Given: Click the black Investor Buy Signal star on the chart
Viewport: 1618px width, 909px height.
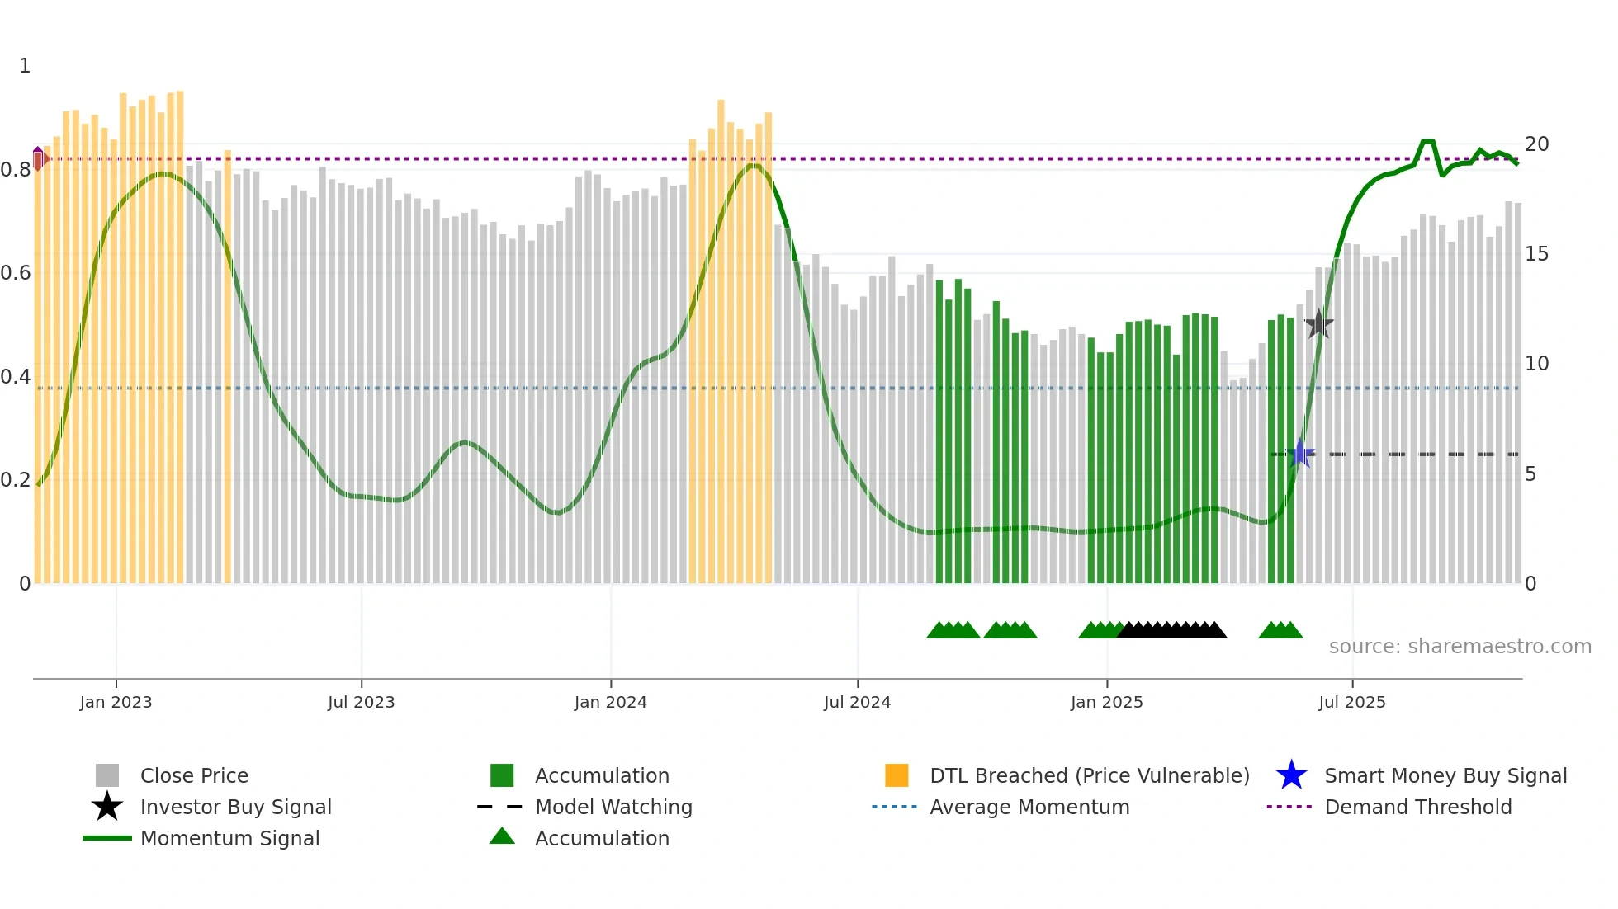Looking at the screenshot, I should coord(1318,324).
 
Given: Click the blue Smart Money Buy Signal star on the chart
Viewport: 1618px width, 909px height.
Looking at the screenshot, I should coord(1300,454).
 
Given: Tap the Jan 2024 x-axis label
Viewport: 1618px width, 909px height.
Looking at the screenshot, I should coord(610,703).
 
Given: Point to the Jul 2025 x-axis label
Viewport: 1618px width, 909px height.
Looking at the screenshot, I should coord(1351,703).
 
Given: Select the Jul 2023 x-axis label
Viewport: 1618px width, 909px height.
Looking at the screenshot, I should coord(361,703).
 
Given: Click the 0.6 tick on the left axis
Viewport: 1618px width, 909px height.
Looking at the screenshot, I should coord(16,273).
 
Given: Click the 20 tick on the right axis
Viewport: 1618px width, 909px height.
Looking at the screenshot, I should coord(1536,144).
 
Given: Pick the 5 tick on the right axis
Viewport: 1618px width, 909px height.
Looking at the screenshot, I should coord(1530,474).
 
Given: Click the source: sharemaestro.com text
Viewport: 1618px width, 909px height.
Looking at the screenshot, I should coord(1460,647).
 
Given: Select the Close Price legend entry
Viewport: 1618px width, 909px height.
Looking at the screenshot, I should coord(194,776).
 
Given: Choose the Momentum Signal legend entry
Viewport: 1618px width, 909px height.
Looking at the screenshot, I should coord(229,839).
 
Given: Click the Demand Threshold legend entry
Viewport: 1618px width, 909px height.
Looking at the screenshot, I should coord(1417,808).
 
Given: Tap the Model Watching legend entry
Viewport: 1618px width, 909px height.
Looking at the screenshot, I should coord(613,808).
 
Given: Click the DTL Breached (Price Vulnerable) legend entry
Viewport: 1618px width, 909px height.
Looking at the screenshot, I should coord(1089,776).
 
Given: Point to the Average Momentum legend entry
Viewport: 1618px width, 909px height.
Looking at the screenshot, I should coord(1029,808).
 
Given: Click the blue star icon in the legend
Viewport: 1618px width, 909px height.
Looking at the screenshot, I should coord(1291,775).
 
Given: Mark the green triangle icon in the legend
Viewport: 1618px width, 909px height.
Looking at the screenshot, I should coord(502,836).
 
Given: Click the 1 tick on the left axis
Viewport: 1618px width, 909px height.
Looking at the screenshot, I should coord(25,66).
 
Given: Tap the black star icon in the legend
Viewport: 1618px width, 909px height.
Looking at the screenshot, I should coord(107,807).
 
